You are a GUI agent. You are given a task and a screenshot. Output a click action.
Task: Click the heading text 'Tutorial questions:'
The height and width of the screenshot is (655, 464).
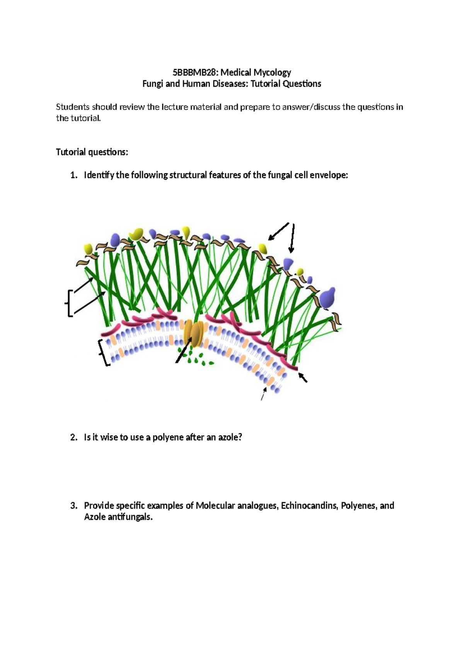pyautogui.click(x=92, y=152)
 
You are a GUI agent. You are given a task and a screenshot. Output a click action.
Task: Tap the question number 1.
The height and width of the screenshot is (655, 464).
pyautogui.click(x=73, y=175)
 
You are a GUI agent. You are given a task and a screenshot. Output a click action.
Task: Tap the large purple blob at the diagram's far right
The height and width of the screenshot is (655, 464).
pyautogui.click(x=328, y=297)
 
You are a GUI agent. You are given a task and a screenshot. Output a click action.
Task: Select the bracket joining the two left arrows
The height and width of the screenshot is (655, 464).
pyautogui.click(x=69, y=303)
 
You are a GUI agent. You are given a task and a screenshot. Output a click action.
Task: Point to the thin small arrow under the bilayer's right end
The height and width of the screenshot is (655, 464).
pyautogui.click(x=263, y=394)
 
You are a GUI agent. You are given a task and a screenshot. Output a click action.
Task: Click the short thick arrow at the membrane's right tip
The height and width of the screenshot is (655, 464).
pyautogui.click(x=303, y=377)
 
